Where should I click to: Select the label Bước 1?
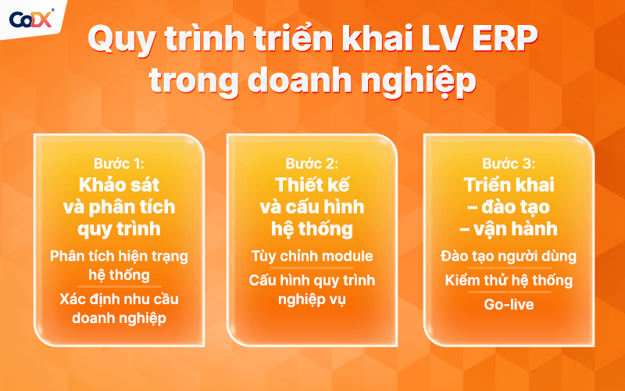pyautogui.click(x=119, y=165)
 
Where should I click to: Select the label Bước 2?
pyautogui.click(x=312, y=165)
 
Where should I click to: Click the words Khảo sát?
pyautogui.click(x=119, y=186)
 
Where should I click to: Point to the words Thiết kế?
pyautogui.click(x=312, y=186)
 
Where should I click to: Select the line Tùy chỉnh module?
pyautogui.click(x=312, y=256)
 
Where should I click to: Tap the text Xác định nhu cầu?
pyautogui.click(x=119, y=299)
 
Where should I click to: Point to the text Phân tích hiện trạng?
pyautogui.click(x=119, y=256)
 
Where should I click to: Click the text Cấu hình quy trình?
pyautogui.click(x=312, y=280)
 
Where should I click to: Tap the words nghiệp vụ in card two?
pyautogui.click(x=312, y=299)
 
